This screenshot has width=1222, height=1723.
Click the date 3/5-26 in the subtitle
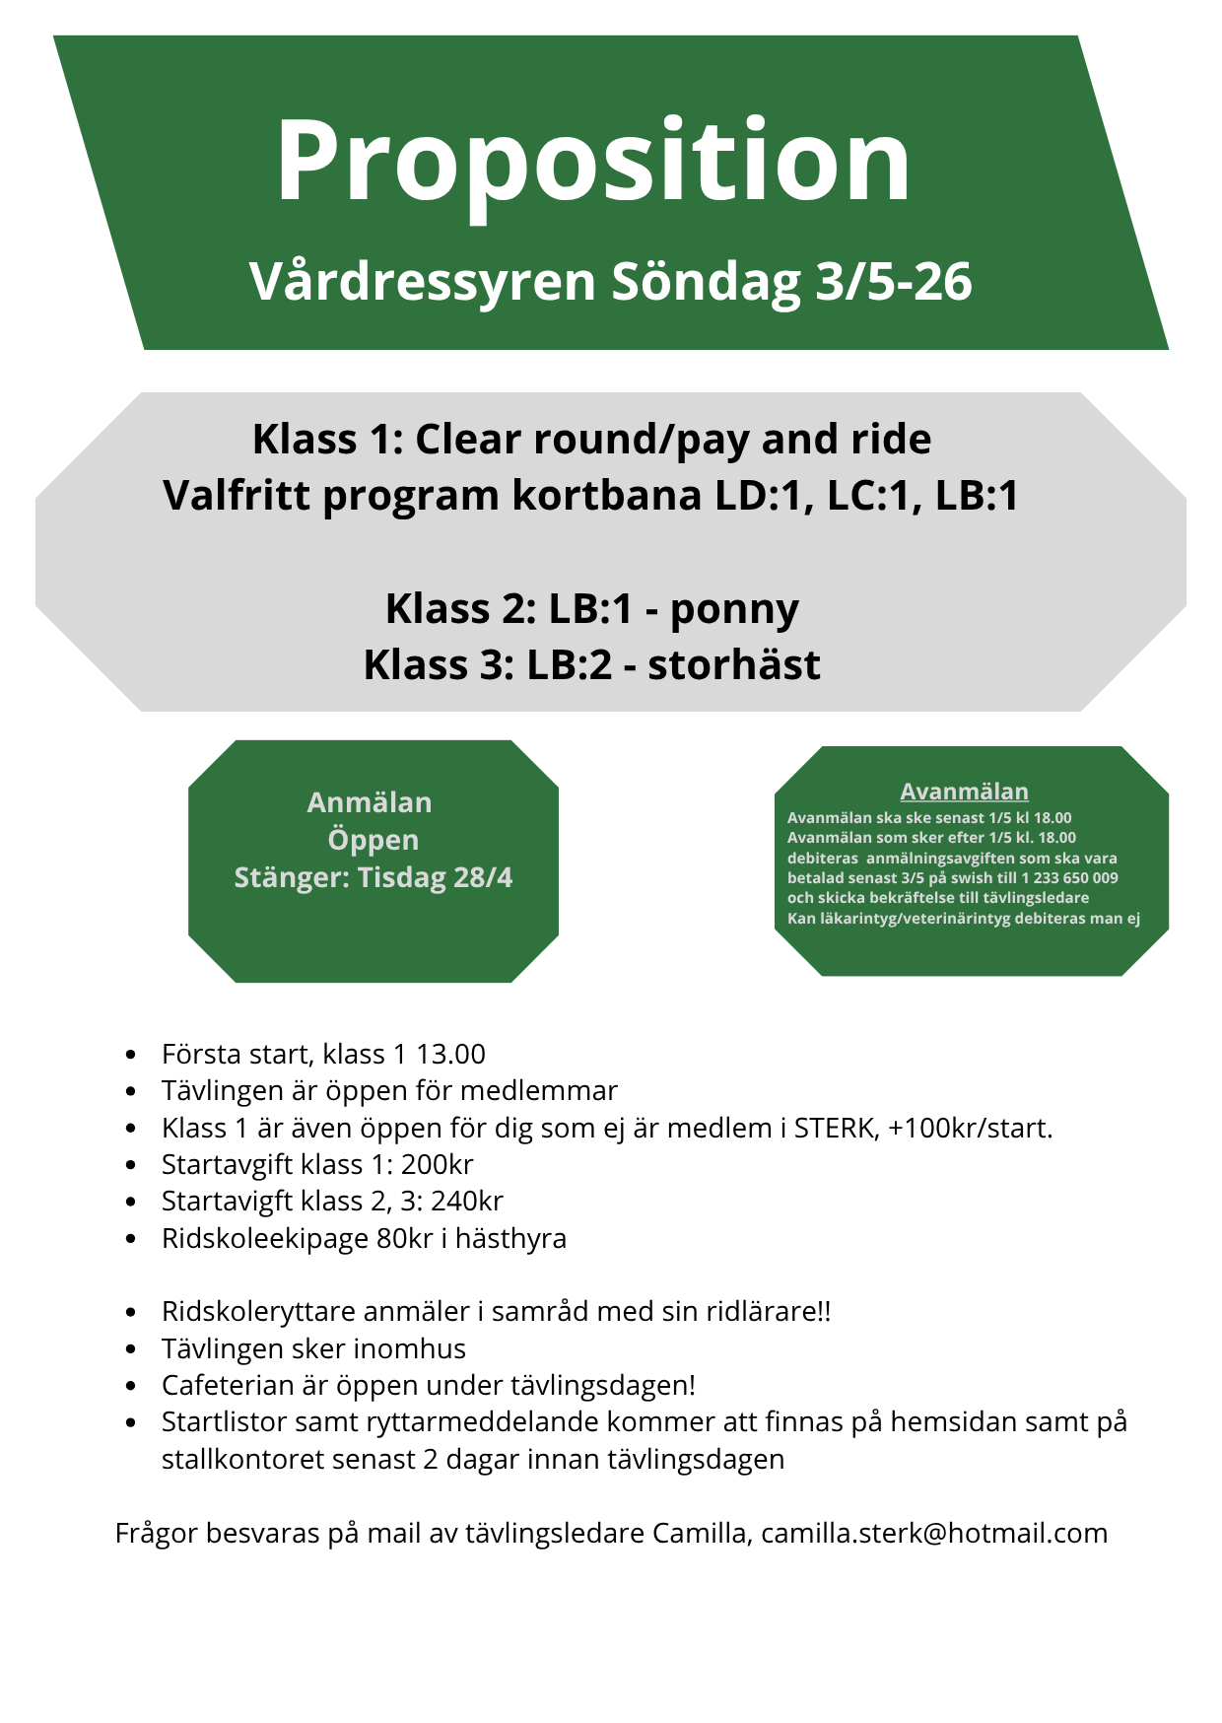tap(894, 282)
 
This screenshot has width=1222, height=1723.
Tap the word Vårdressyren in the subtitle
tap(423, 282)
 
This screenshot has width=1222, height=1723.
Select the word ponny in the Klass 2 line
tap(734, 610)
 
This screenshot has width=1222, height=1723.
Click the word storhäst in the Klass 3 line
tap(733, 665)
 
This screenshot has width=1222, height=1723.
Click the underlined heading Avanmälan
tap(964, 792)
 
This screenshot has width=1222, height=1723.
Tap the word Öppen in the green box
tap(373, 840)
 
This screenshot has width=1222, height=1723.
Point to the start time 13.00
tap(450, 1054)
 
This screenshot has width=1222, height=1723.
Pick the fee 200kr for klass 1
tap(437, 1164)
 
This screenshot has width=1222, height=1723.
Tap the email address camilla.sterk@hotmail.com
tap(934, 1533)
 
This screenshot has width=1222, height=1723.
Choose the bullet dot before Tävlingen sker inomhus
tap(131, 1349)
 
